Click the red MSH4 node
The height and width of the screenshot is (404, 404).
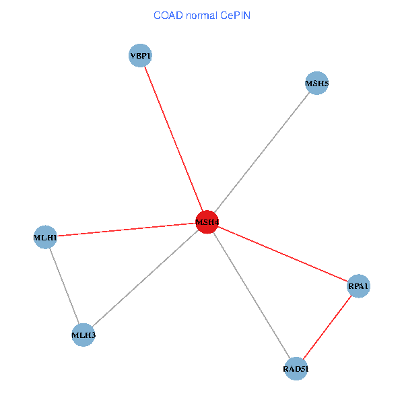[x=207, y=222]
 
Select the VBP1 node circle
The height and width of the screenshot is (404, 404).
[x=140, y=56]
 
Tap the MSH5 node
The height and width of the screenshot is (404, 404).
[x=316, y=83]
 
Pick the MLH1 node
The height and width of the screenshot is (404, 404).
[x=45, y=237]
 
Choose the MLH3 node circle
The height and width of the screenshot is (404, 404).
[x=83, y=334]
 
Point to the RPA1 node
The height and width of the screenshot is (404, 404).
[x=358, y=287]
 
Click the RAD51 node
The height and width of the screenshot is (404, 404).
[x=296, y=368]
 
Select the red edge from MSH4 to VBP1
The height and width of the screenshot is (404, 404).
[x=173, y=138]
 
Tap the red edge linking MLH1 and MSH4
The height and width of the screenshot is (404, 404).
[x=126, y=229]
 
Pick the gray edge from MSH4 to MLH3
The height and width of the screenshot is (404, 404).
[x=145, y=278]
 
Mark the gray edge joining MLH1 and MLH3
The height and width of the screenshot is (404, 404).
[x=64, y=285]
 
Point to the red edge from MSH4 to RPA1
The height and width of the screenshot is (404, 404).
[x=283, y=255]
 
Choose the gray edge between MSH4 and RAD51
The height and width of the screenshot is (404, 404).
[x=251, y=295]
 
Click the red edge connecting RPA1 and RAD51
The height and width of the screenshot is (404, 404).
[x=327, y=327]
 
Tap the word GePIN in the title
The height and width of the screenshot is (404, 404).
[x=235, y=15]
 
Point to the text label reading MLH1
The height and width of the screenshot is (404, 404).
[x=45, y=238]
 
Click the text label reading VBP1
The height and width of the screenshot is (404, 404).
[x=140, y=57]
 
